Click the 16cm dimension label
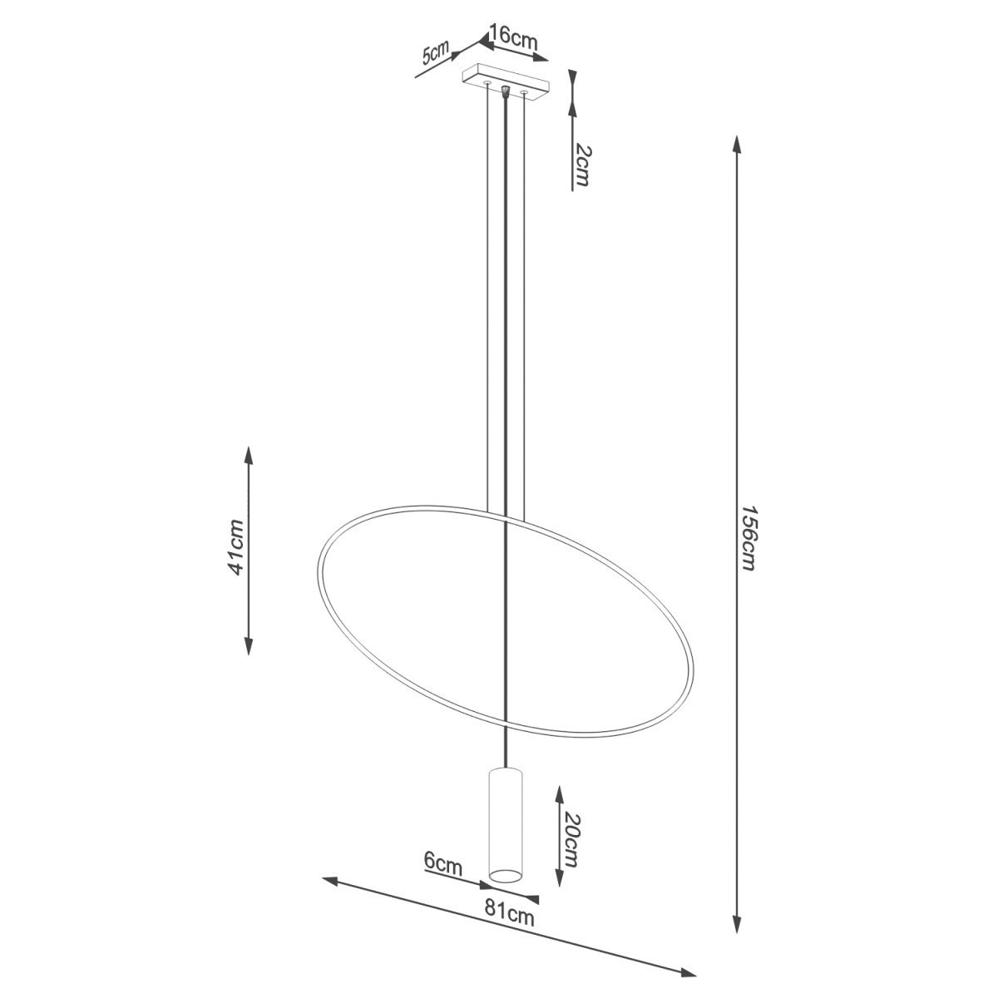coord(513,37)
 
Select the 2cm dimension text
coord(582,165)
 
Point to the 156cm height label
coord(748,537)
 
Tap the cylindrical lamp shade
coord(505,823)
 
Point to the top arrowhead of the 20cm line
coord(558,792)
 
